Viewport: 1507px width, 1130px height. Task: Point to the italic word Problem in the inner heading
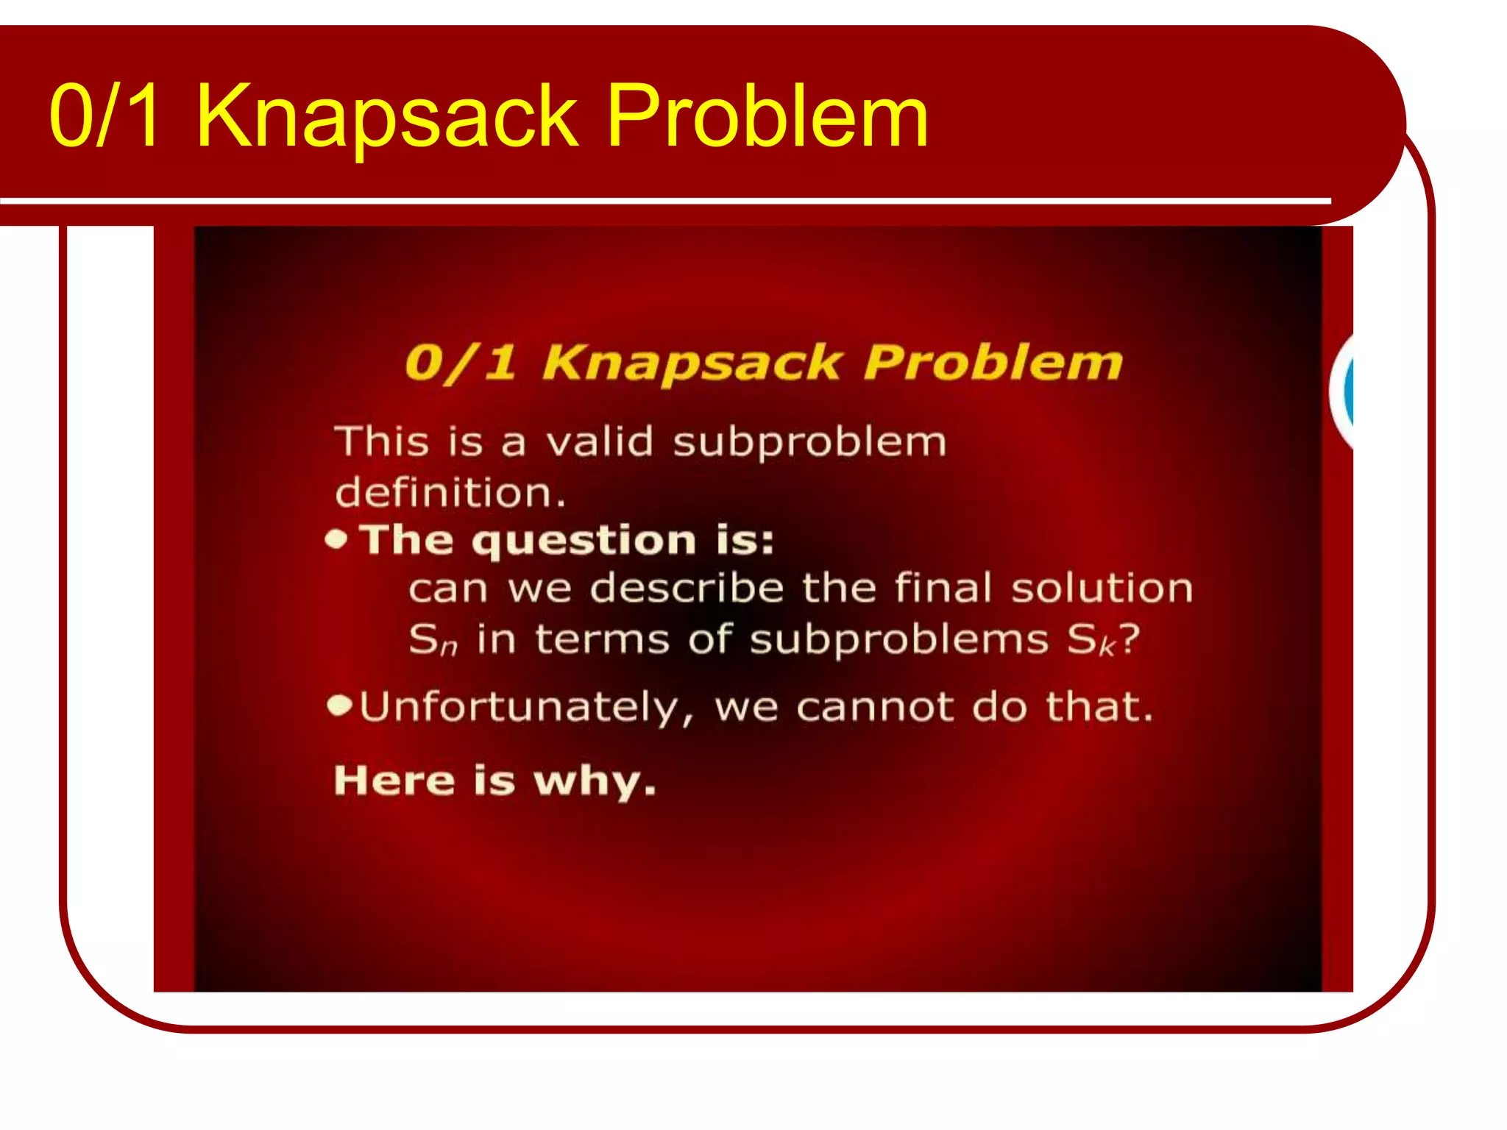point(993,363)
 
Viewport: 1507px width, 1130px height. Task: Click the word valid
point(599,442)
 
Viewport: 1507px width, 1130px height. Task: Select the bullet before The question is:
point(336,541)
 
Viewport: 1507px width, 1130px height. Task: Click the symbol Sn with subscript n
point(433,639)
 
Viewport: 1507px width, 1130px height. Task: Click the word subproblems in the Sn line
point(898,639)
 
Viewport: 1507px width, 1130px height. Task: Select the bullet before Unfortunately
point(339,706)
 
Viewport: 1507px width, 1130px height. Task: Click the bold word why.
point(594,781)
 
